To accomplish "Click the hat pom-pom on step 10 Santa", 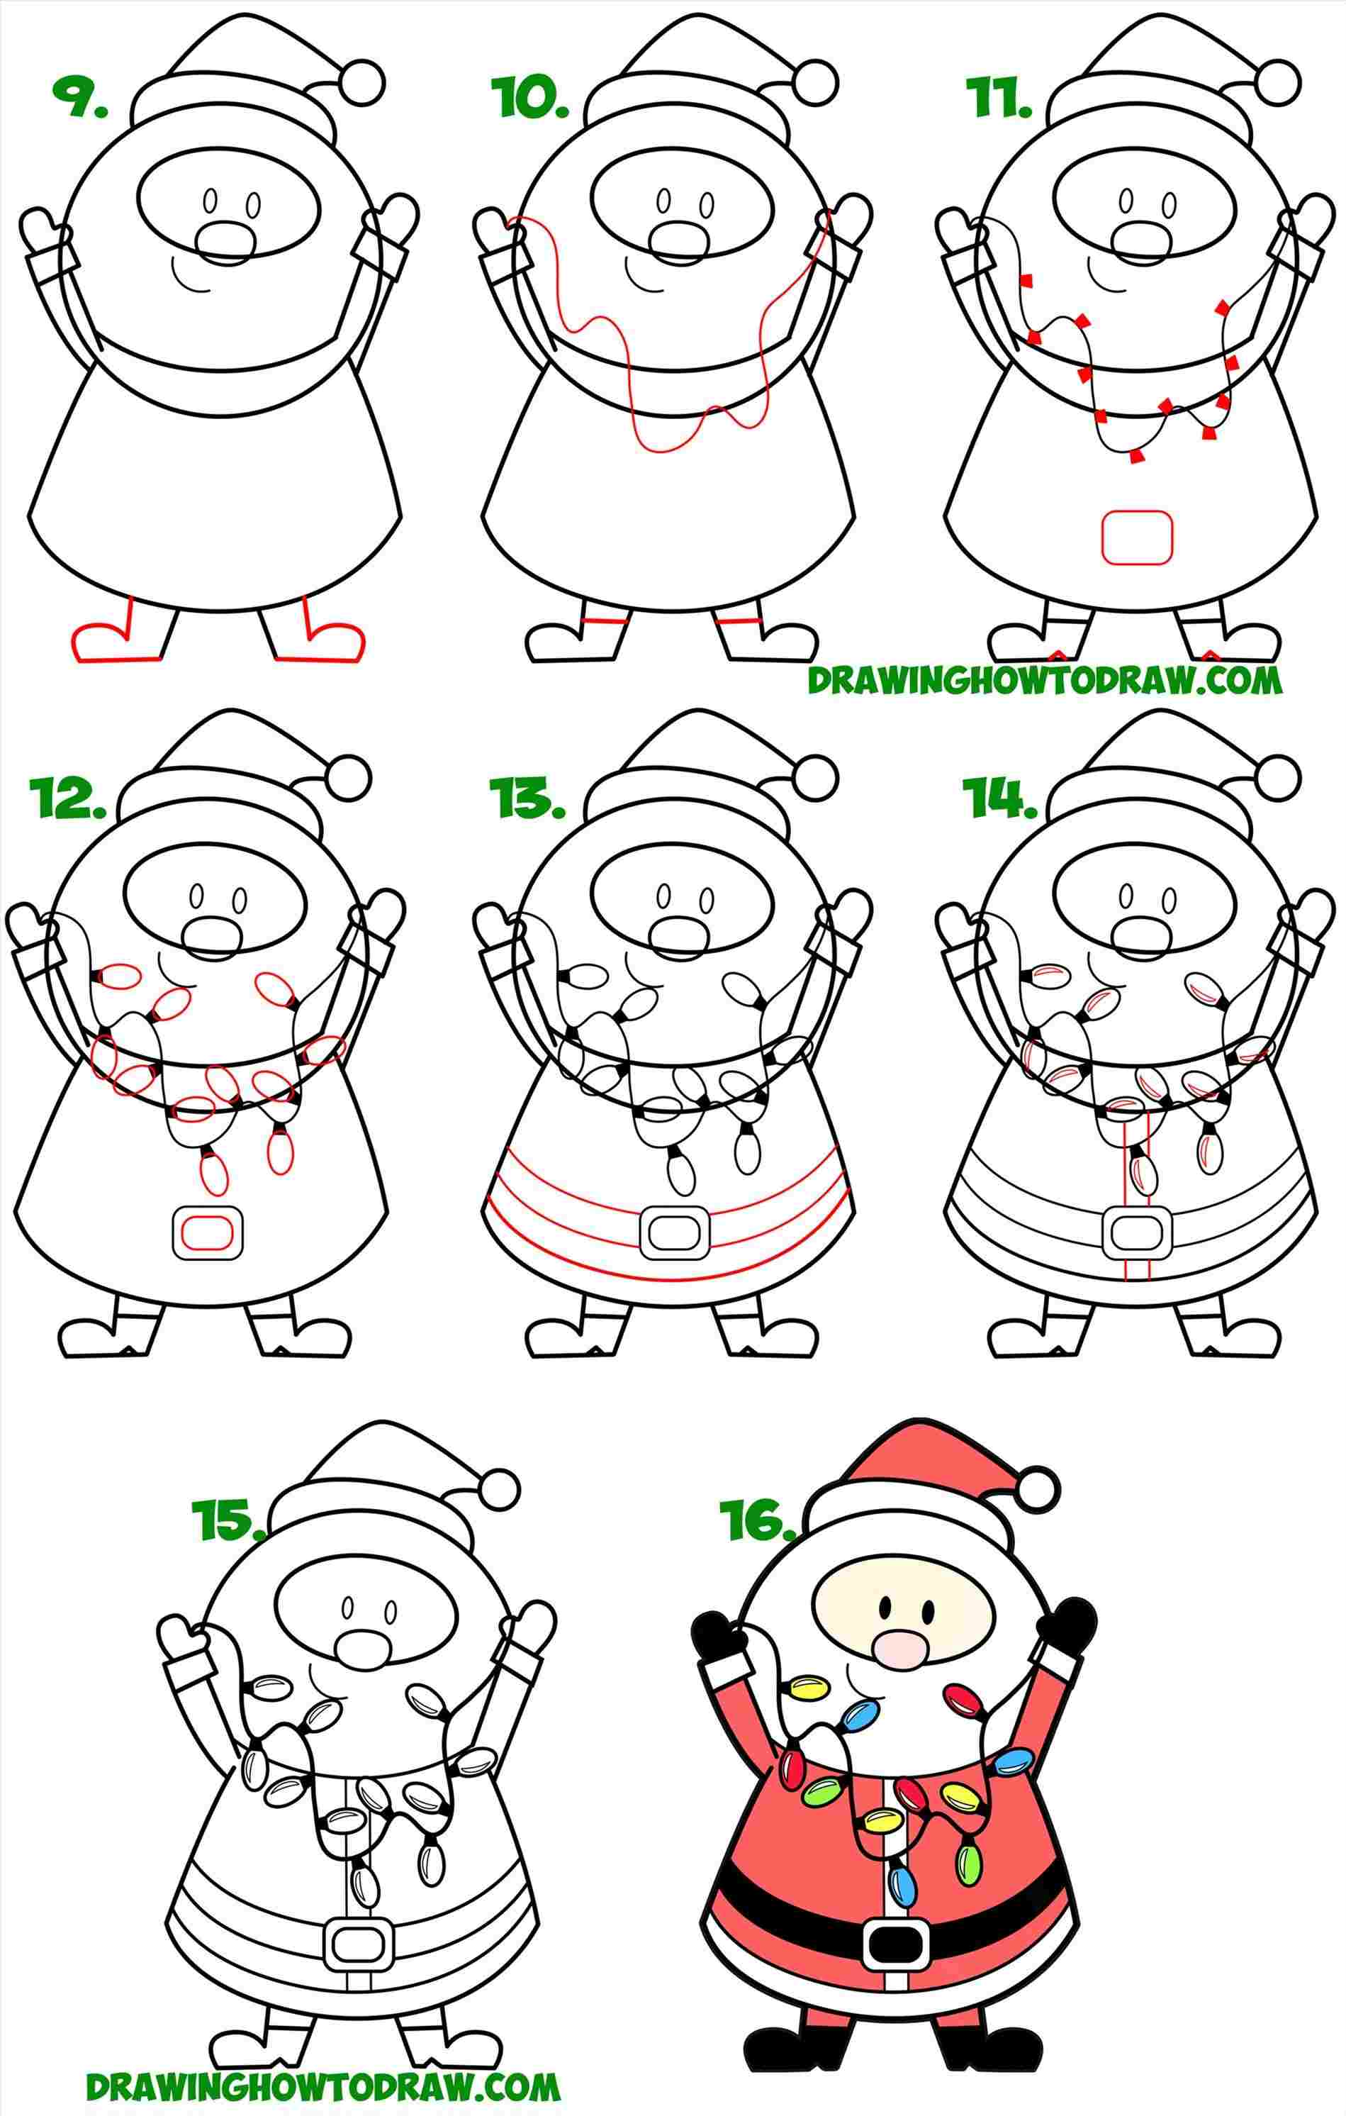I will [x=814, y=81].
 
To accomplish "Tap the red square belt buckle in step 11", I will [x=1137, y=538].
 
